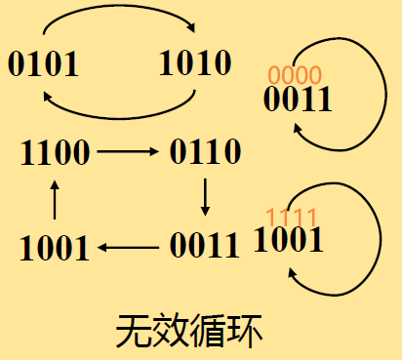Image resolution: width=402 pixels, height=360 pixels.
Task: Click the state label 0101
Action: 44,64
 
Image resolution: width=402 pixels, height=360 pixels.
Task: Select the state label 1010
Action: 194,63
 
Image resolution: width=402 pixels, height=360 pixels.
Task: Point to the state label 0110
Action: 205,151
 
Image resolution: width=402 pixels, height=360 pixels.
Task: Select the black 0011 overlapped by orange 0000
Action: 298,99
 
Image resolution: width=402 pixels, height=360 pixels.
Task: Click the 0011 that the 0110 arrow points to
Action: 204,244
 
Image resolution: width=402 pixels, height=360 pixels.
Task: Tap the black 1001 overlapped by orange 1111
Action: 288,239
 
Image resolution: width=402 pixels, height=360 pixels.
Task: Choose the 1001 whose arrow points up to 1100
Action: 56,249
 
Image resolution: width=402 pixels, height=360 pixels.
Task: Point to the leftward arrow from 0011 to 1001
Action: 129,248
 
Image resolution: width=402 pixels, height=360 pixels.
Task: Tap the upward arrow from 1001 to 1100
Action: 55,199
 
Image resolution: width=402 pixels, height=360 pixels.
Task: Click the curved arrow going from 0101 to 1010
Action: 117,14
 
